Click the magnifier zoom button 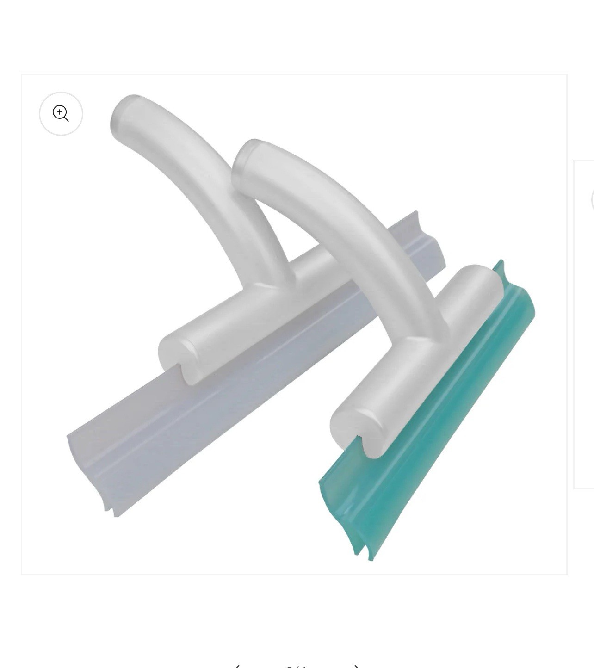coord(61,114)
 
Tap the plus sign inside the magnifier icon coord(60,112)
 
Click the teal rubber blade coord(430,416)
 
